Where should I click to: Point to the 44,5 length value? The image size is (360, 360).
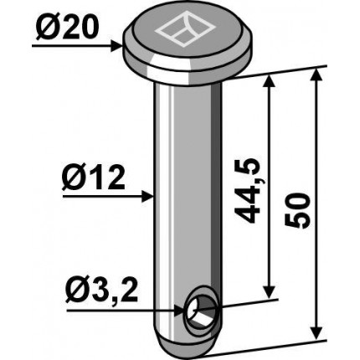pyautogui.click(x=246, y=190)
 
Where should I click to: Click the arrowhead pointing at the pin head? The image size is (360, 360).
pyautogui.click(x=116, y=46)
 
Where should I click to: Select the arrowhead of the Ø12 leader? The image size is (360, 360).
pyautogui.click(x=148, y=197)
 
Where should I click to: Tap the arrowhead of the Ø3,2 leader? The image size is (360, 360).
pyautogui.click(x=179, y=311)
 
